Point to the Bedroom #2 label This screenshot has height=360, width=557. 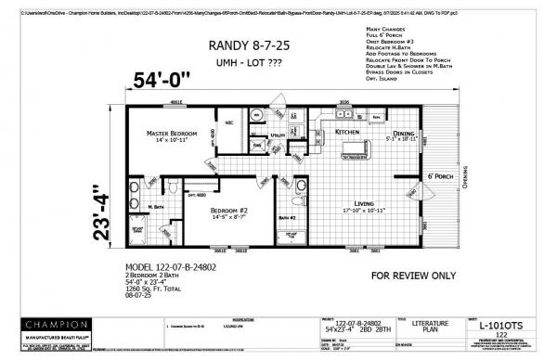pos(227,212)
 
